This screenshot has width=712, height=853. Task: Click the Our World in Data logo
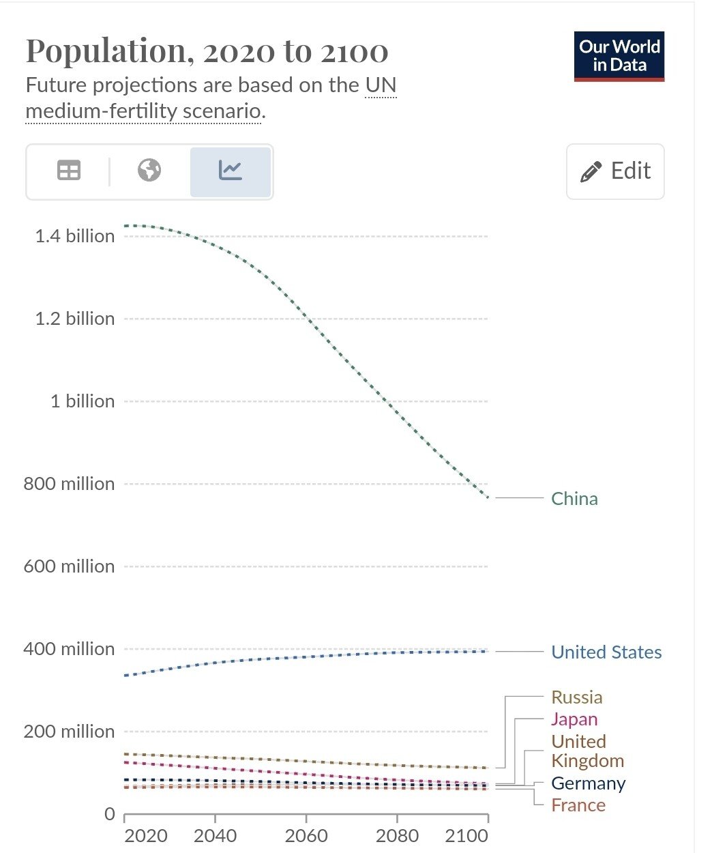(619, 57)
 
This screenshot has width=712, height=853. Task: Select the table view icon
(68, 171)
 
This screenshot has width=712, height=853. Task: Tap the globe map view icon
(149, 171)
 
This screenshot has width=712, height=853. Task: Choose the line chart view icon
(231, 171)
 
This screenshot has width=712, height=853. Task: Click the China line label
(574, 499)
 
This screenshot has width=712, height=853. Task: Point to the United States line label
(606, 652)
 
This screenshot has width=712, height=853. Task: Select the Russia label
(577, 697)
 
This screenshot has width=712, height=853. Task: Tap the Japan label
(574, 719)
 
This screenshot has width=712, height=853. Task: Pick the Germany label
(588, 783)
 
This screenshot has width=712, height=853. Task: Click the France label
(578, 805)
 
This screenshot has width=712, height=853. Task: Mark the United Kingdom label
(587, 751)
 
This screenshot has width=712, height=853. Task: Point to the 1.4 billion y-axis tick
(75, 236)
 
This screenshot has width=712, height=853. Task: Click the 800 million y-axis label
(69, 484)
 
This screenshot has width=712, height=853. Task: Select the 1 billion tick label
(83, 401)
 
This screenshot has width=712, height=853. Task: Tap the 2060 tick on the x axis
(306, 836)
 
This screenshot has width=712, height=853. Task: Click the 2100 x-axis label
(466, 836)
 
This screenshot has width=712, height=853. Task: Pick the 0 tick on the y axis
(109, 814)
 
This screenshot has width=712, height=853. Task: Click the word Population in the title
(106, 51)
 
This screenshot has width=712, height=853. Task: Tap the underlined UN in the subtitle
(381, 85)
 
